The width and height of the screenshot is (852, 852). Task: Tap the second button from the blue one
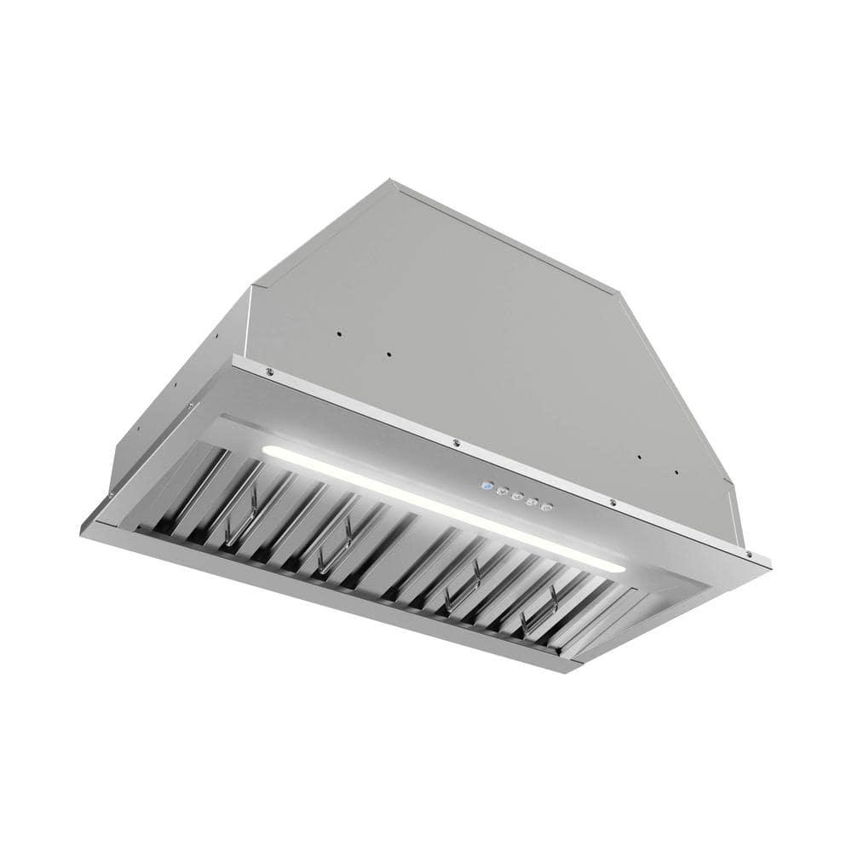(x=502, y=492)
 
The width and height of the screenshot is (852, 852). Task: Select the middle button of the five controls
(x=516, y=497)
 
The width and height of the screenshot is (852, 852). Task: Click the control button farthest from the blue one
(x=546, y=506)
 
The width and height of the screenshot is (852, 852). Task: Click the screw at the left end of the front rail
(x=269, y=371)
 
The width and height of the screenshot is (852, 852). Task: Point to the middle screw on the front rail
(x=457, y=442)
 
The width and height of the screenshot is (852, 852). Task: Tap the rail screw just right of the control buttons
(x=612, y=503)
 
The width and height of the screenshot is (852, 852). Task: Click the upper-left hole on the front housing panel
(x=338, y=333)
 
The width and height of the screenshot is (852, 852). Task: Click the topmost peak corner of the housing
(x=389, y=181)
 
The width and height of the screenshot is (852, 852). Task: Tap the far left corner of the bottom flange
(x=83, y=531)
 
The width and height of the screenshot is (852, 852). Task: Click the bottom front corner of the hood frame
(x=569, y=671)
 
